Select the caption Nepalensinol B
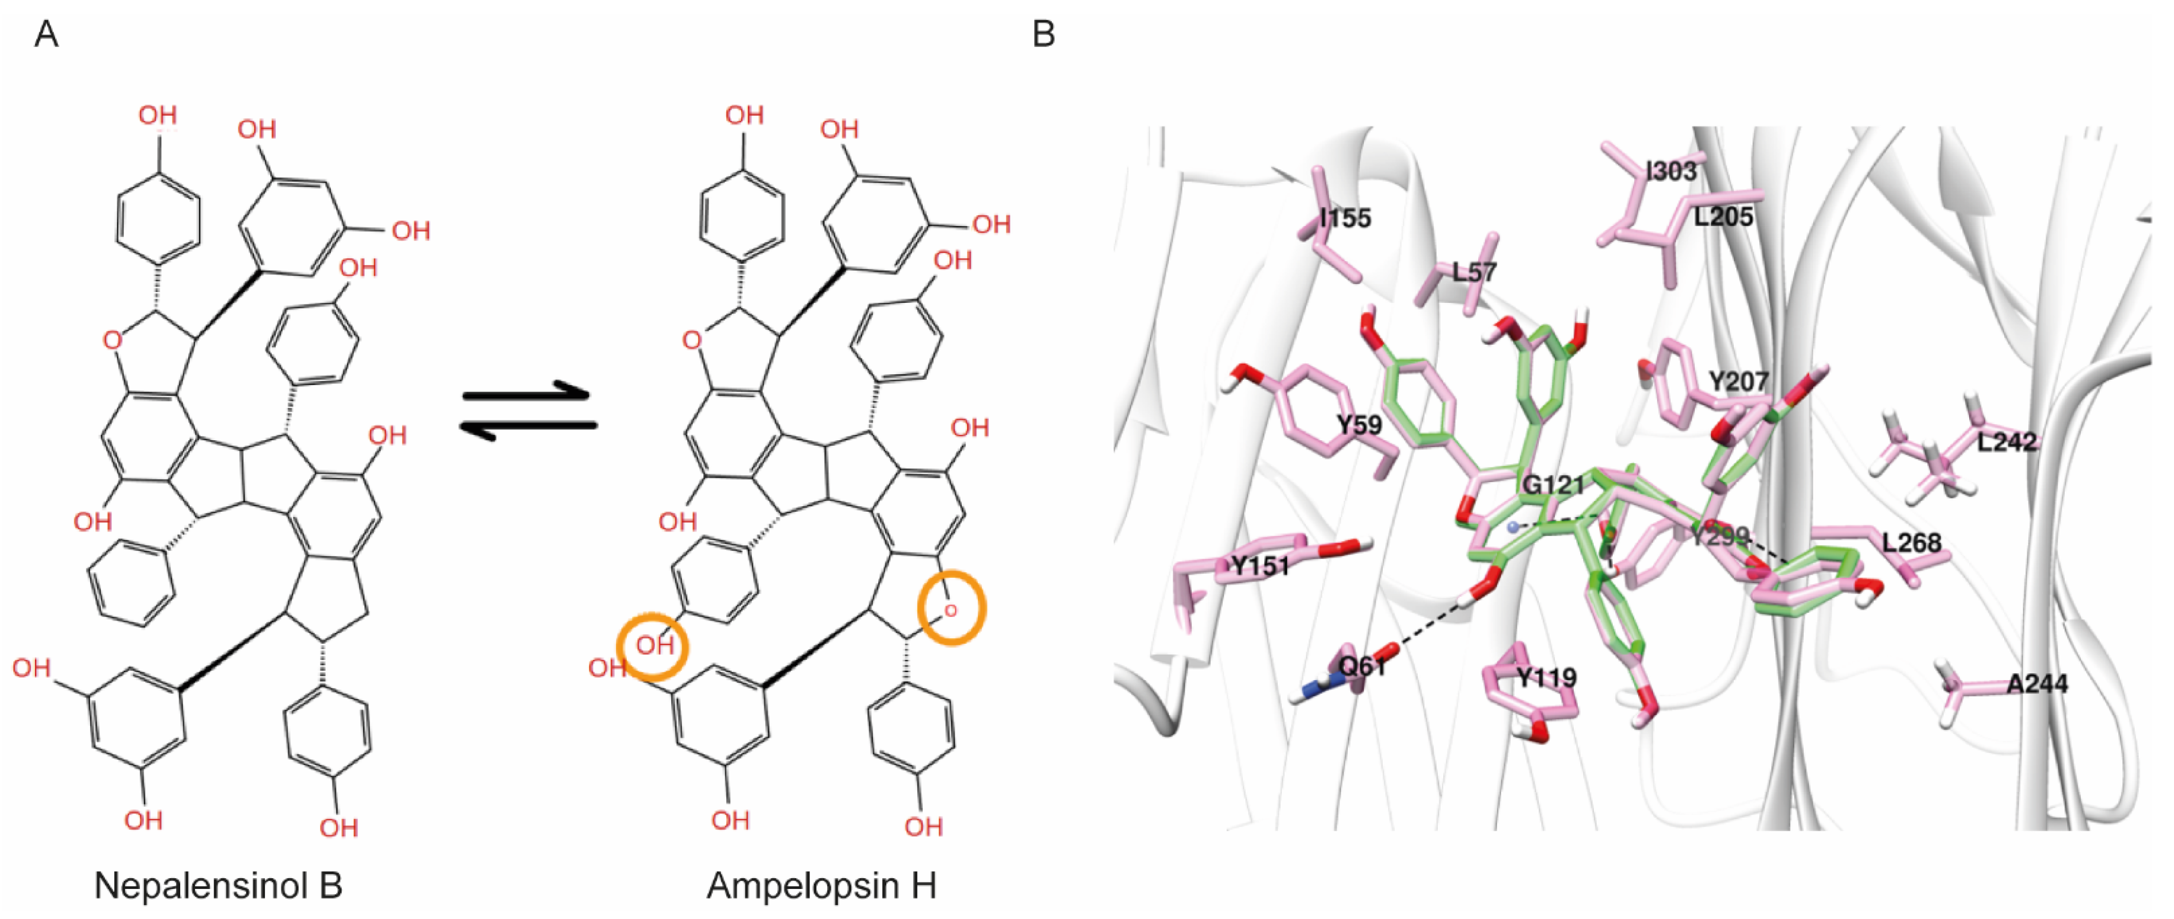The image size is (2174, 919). click(218, 885)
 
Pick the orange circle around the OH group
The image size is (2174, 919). click(652, 647)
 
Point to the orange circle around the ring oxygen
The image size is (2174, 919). click(951, 608)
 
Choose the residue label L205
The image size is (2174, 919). click(1723, 217)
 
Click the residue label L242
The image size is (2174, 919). click(2007, 441)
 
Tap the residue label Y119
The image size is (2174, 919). click(1546, 678)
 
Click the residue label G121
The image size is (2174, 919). click(1553, 485)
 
